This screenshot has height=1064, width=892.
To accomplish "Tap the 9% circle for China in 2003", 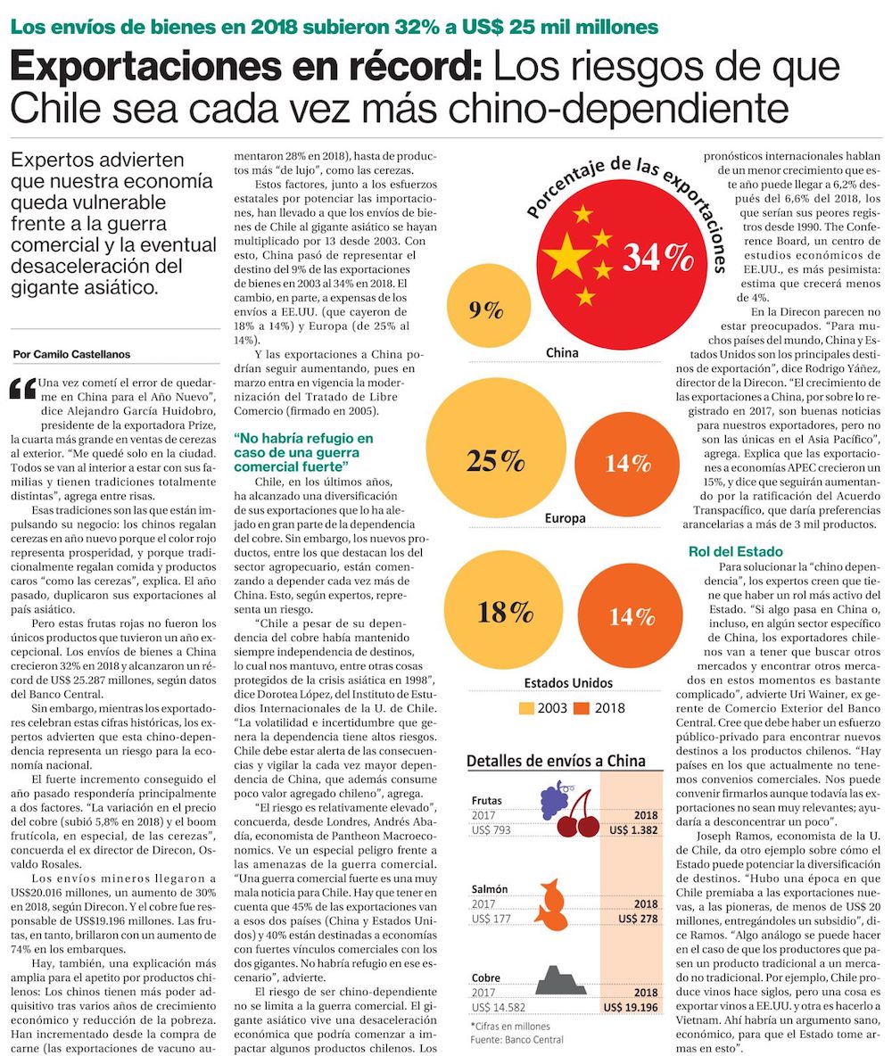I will pyautogui.click(x=486, y=310).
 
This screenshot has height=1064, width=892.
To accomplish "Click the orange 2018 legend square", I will pyautogui.click(x=582, y=708).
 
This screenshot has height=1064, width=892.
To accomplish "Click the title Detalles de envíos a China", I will pyautogui.click(x=557, y=761).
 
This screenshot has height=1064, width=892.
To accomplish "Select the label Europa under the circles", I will pyautogui.click(x=566, y=517).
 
